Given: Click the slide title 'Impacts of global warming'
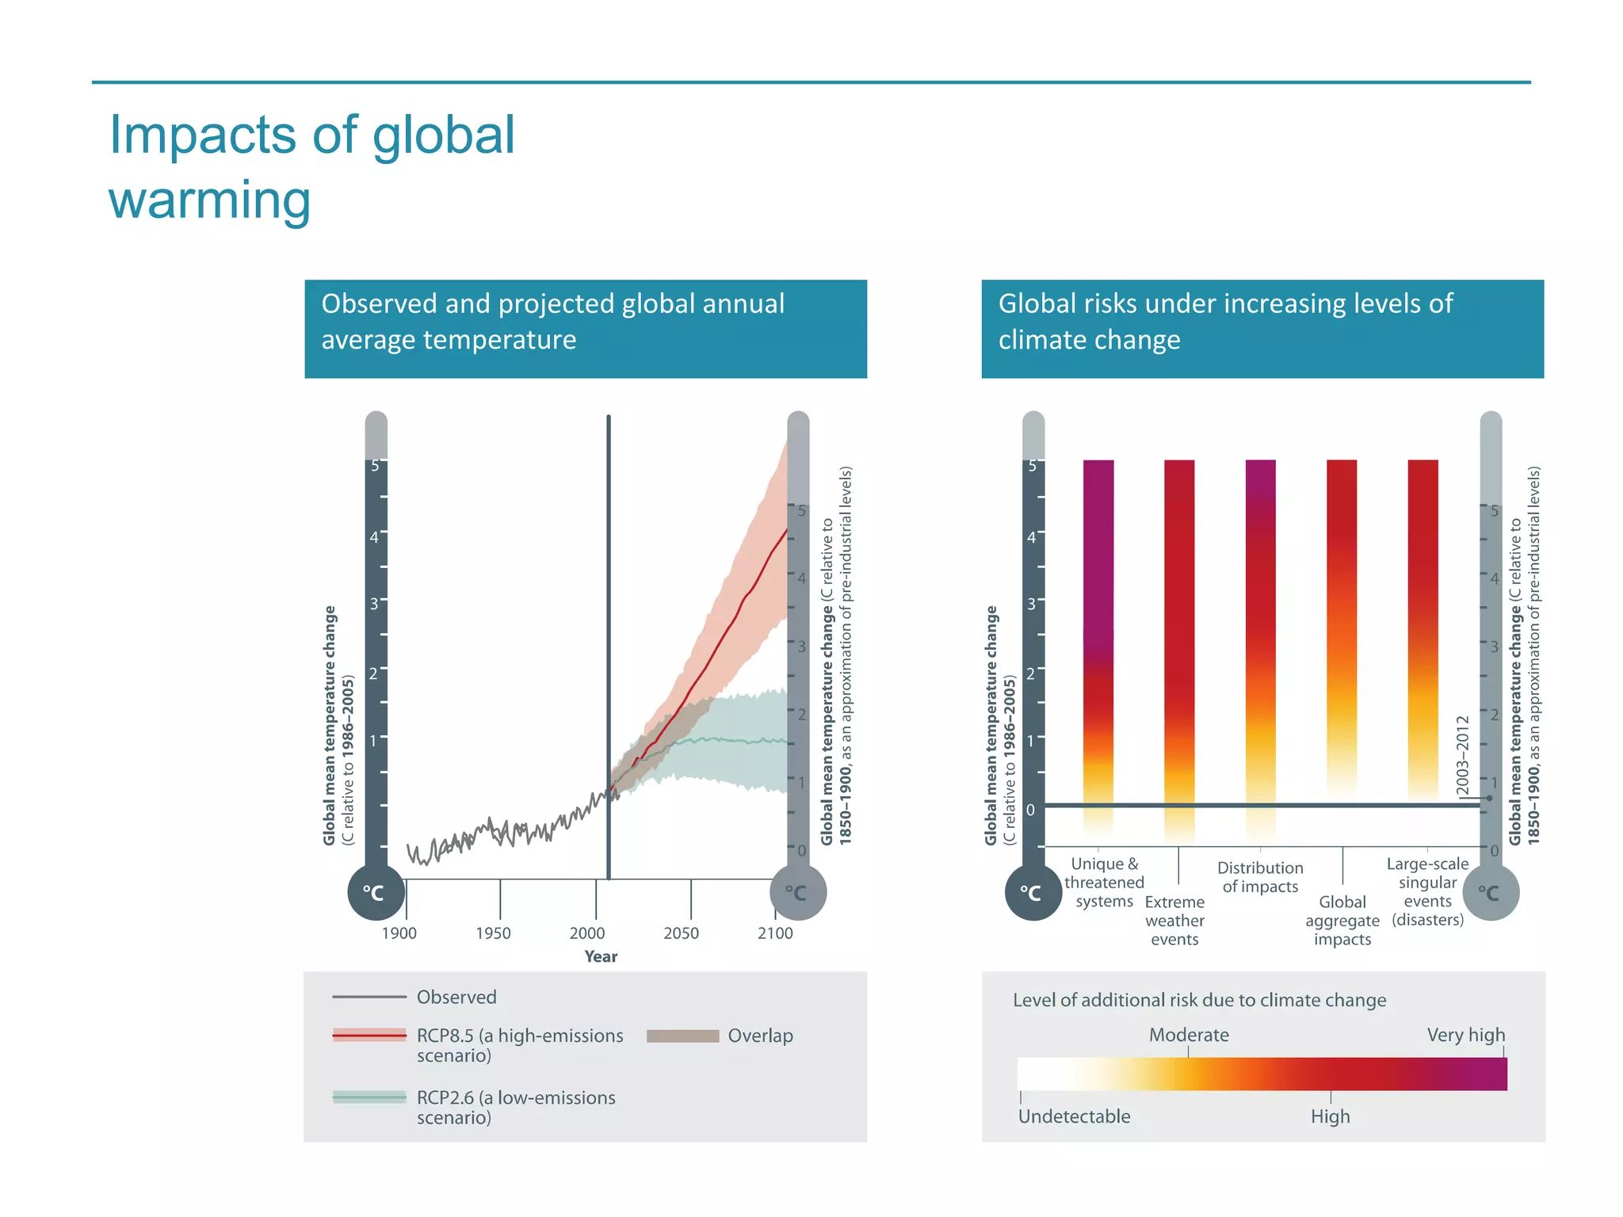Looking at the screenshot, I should (x=311, y=166).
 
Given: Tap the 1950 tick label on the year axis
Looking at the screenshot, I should (x=493, y=933).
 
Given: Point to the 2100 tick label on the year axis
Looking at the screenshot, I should (x=774, y=933).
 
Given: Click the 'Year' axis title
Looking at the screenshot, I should (x=601, y=956).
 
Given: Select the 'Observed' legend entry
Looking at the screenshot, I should (x=456, y=998).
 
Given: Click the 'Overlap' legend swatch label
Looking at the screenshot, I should (x=760, y=1036).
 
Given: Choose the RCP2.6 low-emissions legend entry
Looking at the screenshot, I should (x=515, y=1107).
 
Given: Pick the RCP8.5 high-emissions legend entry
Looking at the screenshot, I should (x=519, y=1045).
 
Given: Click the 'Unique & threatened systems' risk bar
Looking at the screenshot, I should (x=1098, y=634).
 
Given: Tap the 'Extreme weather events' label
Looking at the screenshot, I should (x=1174, y=921).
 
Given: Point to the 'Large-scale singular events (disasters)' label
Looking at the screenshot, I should (x=1427, y=891).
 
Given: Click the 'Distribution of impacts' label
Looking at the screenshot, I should (x=1260, y=877).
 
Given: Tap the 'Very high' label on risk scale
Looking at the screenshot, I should (x=1465, y=1035).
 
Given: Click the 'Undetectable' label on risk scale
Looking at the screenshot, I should (x=1074, y=1116).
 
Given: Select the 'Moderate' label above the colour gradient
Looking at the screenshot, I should (x=1189, y=1035).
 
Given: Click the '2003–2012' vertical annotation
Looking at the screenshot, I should (x=1463, y=756).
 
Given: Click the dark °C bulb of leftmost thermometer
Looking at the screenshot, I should (x=376, y=893).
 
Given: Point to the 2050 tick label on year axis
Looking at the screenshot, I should (x=681, y=933).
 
